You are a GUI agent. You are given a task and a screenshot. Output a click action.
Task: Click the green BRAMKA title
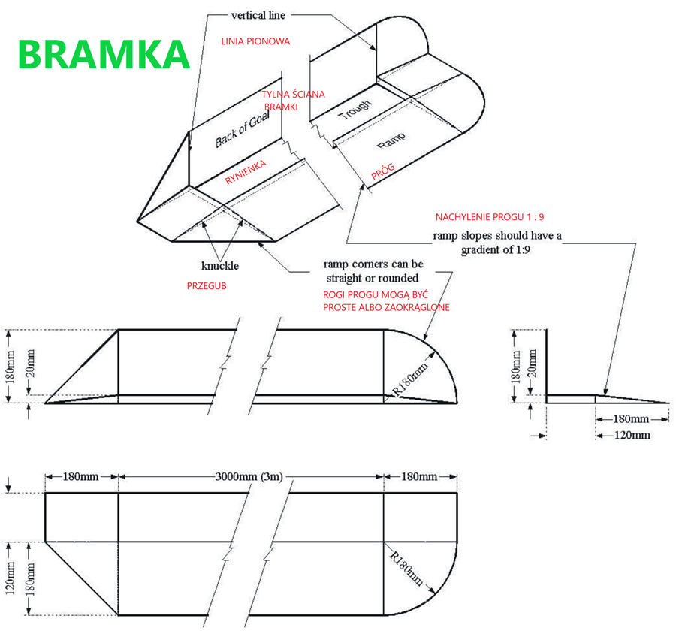pos(103,54)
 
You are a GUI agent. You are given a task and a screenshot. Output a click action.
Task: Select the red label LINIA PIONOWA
pos(255,41)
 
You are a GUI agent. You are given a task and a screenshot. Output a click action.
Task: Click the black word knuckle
pos(220,266)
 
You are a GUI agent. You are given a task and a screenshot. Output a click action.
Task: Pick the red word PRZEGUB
pos(207,286)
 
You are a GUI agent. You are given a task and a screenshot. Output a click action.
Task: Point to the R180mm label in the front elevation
pos(410,378)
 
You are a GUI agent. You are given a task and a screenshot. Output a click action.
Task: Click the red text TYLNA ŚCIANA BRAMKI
pos(293,101)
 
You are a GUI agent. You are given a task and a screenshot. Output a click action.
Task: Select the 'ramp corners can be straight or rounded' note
pos(373,271)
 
